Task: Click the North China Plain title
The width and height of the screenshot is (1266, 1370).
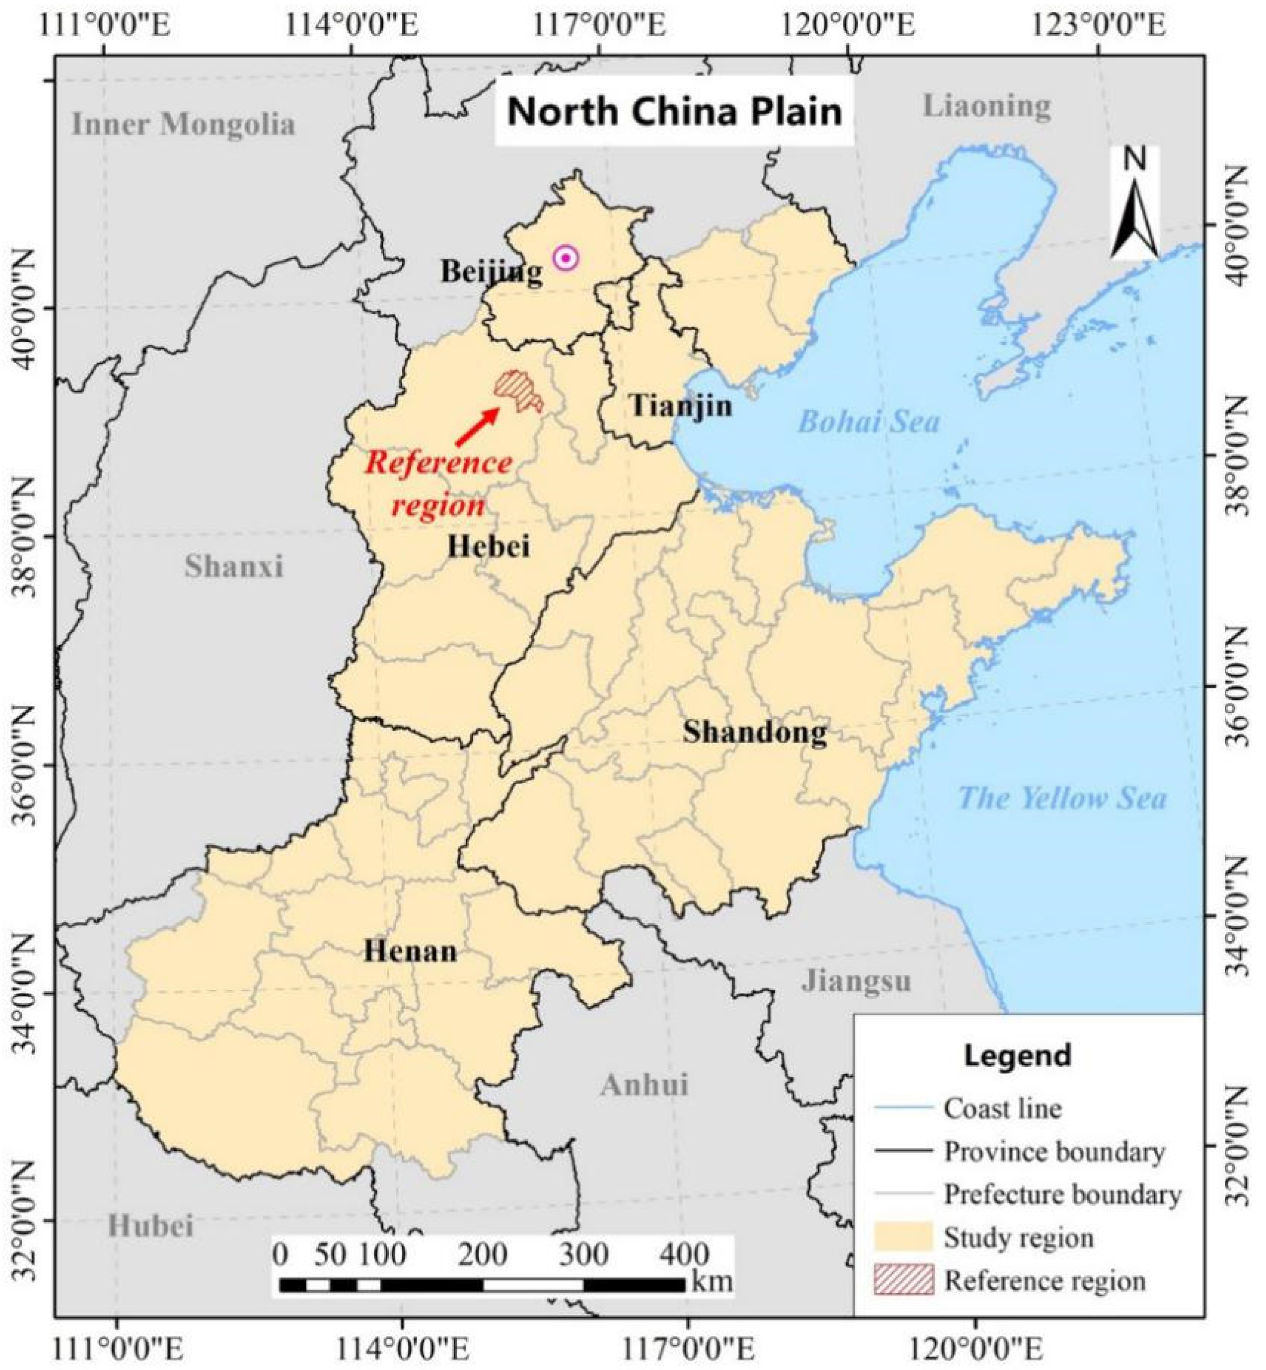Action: point(674,112)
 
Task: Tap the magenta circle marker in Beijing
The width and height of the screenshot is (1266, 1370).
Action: point(566,258)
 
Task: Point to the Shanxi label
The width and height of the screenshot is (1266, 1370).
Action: point(234,566)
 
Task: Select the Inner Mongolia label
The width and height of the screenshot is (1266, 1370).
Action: point(184,125)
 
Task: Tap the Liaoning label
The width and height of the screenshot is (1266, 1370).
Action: point(986,106)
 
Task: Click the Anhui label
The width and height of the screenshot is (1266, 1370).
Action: point(644,1085)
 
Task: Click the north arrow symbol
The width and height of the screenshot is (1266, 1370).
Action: point(1134,205)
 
